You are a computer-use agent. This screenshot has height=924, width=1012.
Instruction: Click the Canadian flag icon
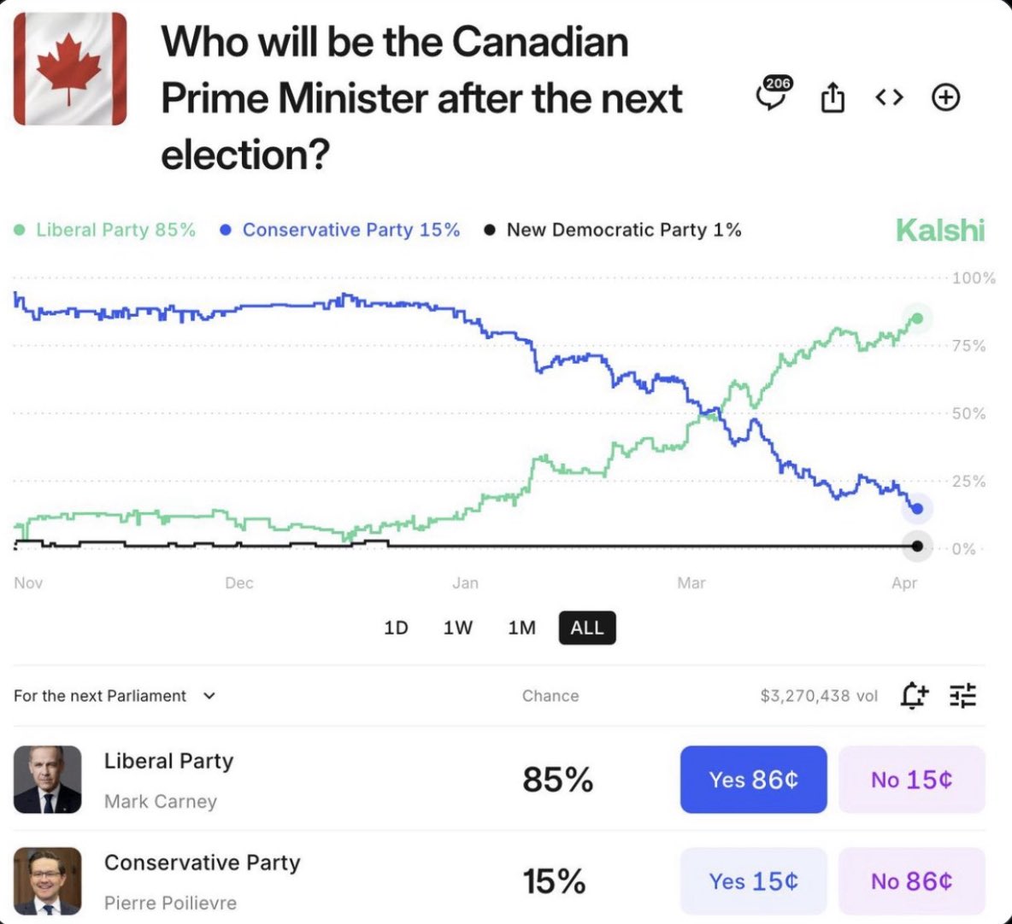[x=70, y=69]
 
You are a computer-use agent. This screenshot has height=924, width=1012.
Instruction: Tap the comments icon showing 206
[x=774, y=96]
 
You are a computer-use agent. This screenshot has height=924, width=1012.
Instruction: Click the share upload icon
[x=832, y=98]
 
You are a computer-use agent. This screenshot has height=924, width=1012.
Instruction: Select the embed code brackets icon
[x=889, y=98]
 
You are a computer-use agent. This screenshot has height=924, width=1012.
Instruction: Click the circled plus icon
[x=945, y=98]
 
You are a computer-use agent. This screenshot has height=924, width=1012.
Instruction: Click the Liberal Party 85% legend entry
[x=105, y=231]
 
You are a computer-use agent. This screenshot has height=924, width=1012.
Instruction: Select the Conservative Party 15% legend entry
[x=340, y=231]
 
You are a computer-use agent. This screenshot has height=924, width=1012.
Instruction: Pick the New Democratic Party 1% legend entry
[x=613, y=231]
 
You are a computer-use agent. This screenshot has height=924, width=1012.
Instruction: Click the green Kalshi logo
[x=939, y=230]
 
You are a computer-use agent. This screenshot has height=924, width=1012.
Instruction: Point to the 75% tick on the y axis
[x=968, y=346]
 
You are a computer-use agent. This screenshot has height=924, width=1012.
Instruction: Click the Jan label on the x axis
[x=465, y=583]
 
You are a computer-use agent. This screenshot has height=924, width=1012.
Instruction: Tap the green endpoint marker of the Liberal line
[x=917, y=319]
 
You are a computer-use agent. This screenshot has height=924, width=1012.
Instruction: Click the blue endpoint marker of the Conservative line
[x=917, y=509]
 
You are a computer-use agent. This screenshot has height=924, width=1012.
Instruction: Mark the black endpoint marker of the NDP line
[x=917, y=547]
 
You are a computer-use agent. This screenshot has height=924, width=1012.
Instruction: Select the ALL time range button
[x=587, y=628]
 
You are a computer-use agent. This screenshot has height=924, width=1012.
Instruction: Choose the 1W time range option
[x=457, y=628]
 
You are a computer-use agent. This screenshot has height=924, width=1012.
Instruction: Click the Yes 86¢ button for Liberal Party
[x=753, y=780]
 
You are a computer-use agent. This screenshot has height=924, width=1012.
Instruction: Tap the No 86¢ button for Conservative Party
[x=911, y=881]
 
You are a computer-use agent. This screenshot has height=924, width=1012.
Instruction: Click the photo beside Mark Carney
[x=48, y=780]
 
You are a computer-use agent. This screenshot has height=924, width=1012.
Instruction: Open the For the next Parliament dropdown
[x=115, y=696]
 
